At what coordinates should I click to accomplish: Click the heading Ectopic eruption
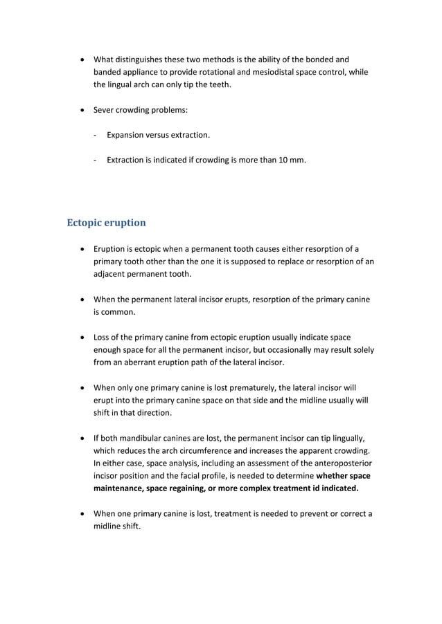tap(106, 223)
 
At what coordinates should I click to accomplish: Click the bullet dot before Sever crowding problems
tap(83, 111)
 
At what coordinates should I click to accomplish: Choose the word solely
tap(360, 349)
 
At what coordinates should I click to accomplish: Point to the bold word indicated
tap(335, 488)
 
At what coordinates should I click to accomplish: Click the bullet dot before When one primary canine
tap(83, 514)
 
